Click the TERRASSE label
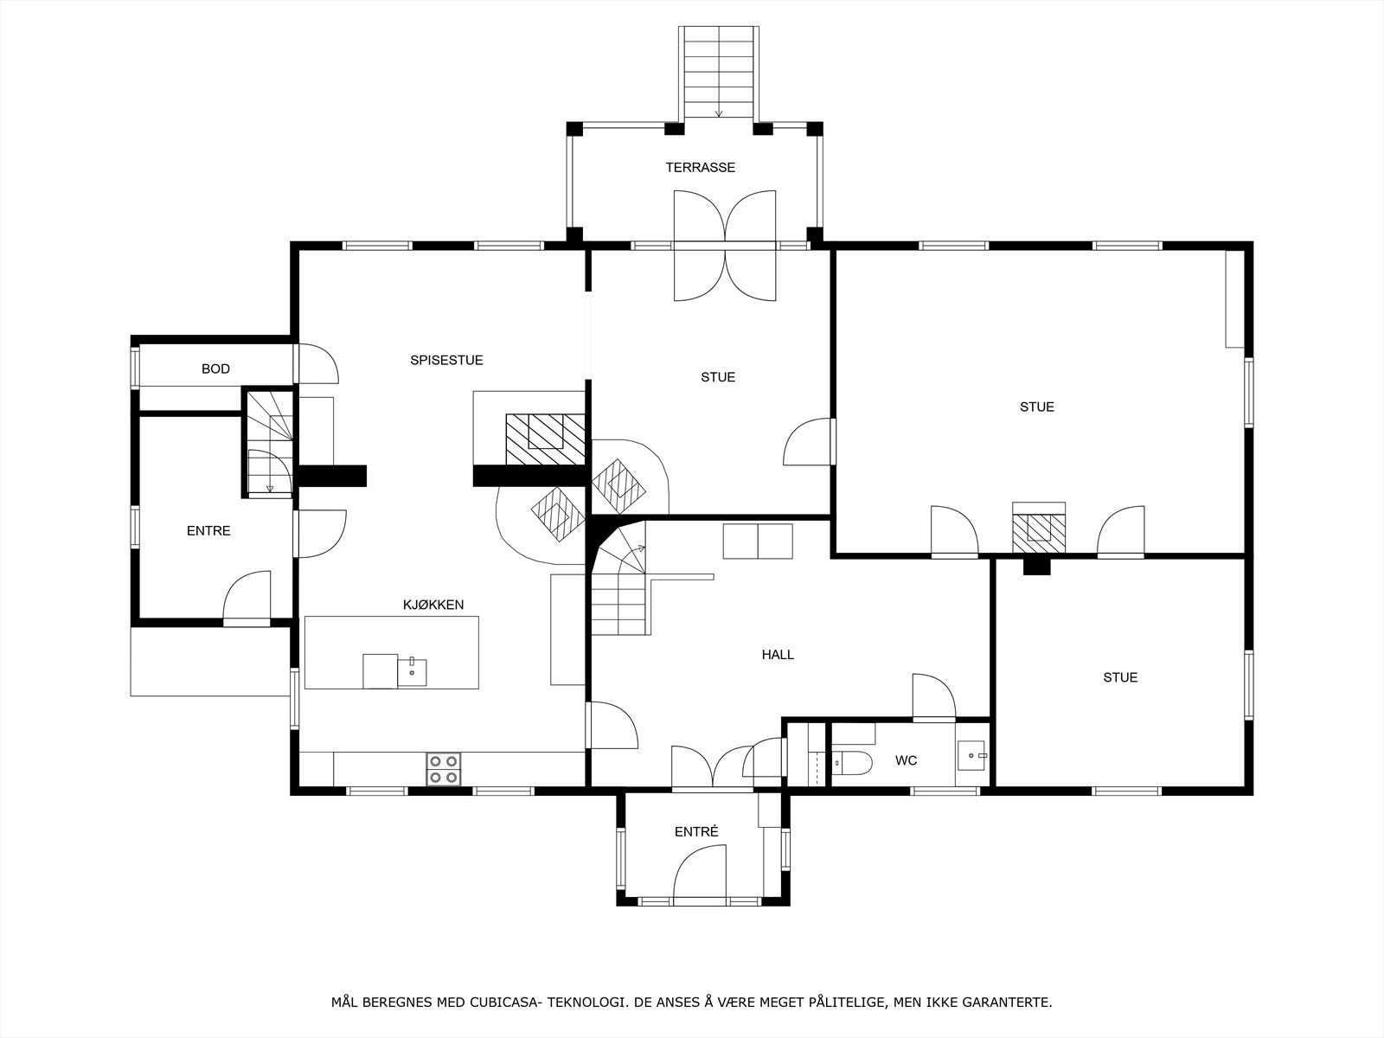700,168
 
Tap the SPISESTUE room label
446,361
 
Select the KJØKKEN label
433,605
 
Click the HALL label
778,655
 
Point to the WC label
906,760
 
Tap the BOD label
215,369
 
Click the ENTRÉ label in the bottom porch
696,832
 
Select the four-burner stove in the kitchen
443,770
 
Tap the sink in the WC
971,756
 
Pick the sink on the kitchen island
412,672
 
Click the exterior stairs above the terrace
719,73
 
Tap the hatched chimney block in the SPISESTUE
545,439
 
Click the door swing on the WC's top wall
934,696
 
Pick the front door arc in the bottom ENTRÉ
700,875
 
